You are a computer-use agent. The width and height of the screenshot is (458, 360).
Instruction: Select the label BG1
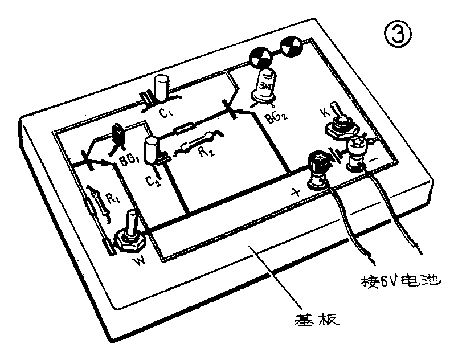[x=130, y=161]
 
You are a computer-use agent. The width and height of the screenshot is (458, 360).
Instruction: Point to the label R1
[x=112, y=199]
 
